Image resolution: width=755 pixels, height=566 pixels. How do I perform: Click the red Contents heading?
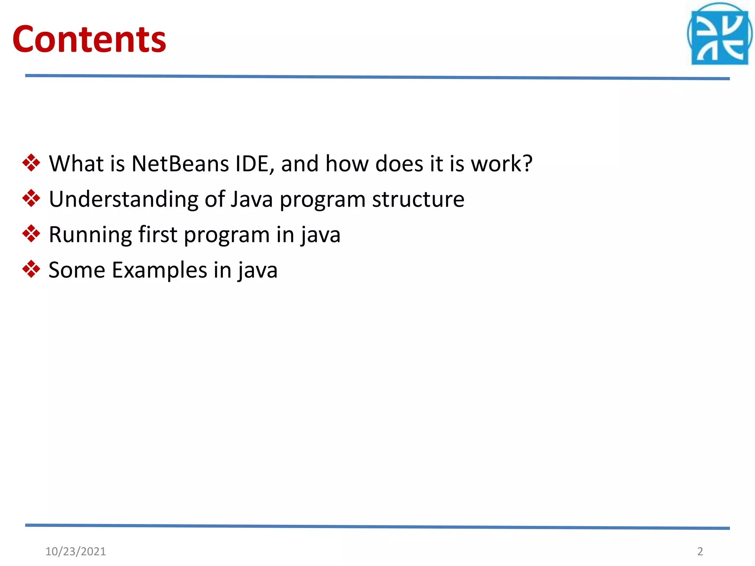pos(89,39)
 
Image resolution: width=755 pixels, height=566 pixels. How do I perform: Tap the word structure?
pos(418,199)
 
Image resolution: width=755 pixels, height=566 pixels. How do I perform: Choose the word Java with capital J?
pos(252,199)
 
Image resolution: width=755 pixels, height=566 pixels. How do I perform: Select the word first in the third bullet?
pos(158,234)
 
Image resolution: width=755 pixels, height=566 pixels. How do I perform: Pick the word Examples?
pos(159,270)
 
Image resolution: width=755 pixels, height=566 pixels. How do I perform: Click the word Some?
pos(77,270)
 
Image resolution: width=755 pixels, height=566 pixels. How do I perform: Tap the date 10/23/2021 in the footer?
pos(76,551)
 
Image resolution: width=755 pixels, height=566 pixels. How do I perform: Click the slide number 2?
pos(700,551)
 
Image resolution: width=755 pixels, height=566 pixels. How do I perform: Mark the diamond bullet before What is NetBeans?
pos(31,163)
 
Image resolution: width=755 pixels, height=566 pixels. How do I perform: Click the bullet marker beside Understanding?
pos(31,198)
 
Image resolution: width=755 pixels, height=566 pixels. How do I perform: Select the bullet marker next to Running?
pos(31,234)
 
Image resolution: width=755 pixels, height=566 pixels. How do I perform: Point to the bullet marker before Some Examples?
pos(31,269)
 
